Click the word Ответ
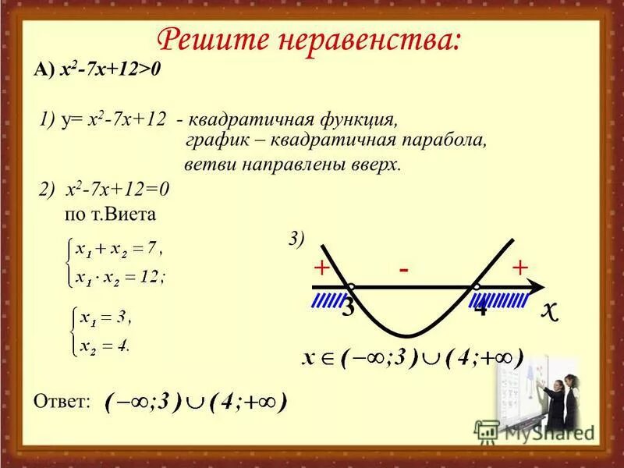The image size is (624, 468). [62, 401]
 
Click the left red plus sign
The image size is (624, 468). [320, 268]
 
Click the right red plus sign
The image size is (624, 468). [520, 268]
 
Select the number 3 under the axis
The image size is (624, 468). [348, 307]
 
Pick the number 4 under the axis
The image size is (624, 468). [481, 307]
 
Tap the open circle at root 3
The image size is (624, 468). [351, 288]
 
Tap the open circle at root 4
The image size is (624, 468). [476, 288]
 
